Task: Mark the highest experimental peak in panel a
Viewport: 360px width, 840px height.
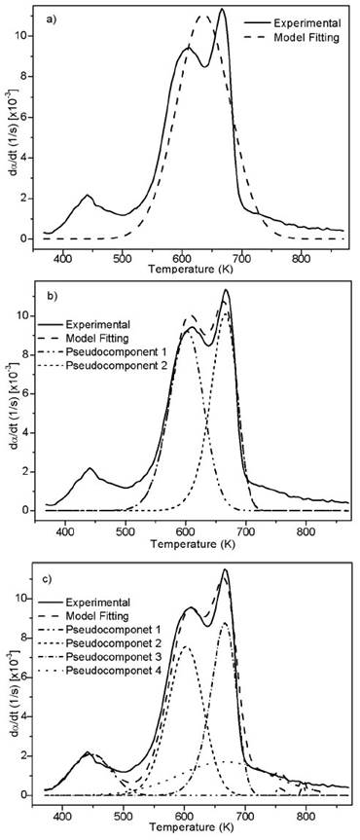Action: pyautogui.click(x=222, y=11)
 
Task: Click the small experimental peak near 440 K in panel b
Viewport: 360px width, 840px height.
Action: pyautogui.click(x=90, y=469)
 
